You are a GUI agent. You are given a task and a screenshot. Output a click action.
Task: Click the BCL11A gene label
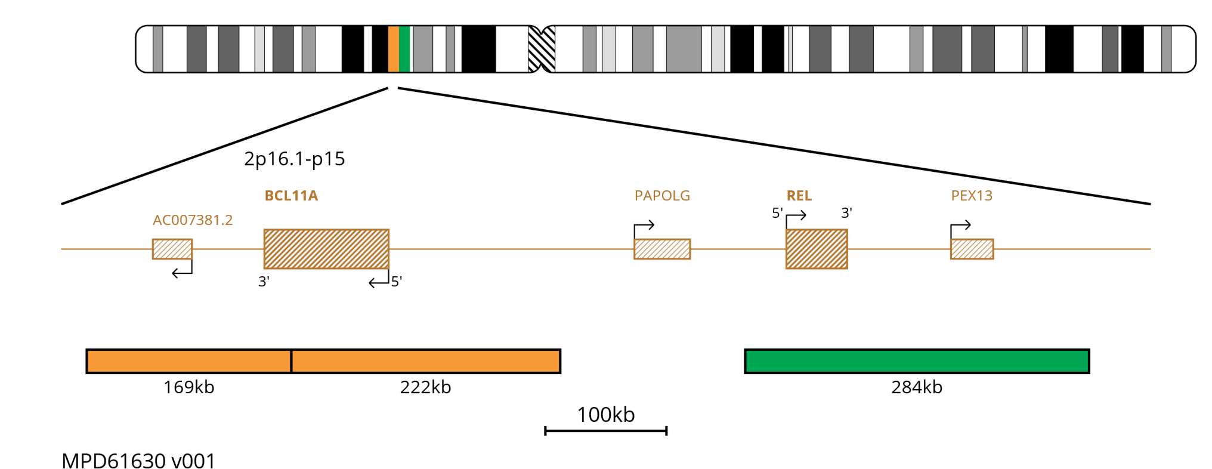(x=291, y=196)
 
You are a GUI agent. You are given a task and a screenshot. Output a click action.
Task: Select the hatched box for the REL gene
(x=816, y=249)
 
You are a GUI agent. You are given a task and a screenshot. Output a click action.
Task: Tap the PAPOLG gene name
(x=662, y=196)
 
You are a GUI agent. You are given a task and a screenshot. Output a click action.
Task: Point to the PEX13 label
(x=972, y=196)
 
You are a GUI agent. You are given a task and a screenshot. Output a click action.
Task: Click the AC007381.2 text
(x=193, y=220)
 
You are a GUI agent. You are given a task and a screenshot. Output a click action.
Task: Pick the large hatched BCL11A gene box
(x=326, y=249)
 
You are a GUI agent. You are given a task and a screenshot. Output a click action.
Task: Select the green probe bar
(x=917, y=361)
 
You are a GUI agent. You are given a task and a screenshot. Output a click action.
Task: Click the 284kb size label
(x=917, y=387)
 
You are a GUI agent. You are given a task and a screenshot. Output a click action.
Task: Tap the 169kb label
(x=188, y=387)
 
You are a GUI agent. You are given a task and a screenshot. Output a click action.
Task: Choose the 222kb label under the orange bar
(x=425, y=387)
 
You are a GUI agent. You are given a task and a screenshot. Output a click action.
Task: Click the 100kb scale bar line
(x=605, y=430)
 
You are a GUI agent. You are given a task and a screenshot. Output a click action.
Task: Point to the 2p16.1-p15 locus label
(x=294, y=159)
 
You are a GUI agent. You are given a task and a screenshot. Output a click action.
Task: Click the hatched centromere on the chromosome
(x=542, y=49)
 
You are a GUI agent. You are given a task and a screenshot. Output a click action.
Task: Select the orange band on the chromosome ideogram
(x=394, y=49)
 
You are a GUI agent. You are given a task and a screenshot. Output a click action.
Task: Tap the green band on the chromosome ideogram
(x=404, y=49)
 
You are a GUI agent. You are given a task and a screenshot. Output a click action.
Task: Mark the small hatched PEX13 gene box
(x=972, y=249)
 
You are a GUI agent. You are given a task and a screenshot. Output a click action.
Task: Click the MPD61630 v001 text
(x=138, y=461)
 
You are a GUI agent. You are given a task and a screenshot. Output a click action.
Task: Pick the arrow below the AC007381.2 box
(x=182, y=272)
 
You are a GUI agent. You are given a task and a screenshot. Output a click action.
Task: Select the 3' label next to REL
(x=846, y=213)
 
